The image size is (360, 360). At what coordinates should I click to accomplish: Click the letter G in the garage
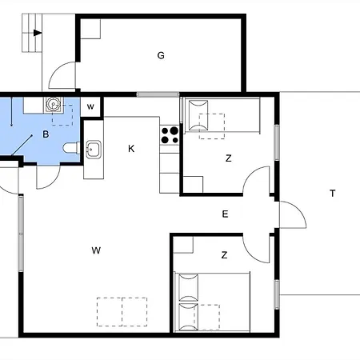click(x=161, y=55)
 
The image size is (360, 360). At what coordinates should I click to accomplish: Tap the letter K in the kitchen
click(x=131, y=149)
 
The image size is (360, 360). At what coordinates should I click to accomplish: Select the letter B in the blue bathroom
click(x=46, y=134)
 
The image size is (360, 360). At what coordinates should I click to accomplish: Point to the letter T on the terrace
click(x=332, y=194)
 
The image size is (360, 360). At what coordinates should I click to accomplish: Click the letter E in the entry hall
click(x=225, y=214)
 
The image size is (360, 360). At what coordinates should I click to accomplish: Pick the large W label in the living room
click(x=96, y=250)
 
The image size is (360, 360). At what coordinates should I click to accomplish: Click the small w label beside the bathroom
click(x=90, y=106)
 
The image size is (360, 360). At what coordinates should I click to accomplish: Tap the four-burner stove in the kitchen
click(x=170, y=135)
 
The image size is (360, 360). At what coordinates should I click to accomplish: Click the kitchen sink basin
click(x=94, y=150)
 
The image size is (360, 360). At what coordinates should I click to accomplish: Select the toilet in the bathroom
click(x=71, y=148)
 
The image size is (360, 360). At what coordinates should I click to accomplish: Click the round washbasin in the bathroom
click(x=54, y=104)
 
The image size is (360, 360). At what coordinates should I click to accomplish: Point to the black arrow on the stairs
click(x=38, y=33)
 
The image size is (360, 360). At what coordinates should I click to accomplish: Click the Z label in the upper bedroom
click(x=229, y=158)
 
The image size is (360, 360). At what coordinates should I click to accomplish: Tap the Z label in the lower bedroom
click(x=224, y=255)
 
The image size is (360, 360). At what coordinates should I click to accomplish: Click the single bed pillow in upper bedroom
click(x=198, y=115)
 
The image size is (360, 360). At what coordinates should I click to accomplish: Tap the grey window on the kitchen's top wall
click(x=158, y=94)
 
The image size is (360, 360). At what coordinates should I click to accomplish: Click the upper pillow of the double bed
click(x=188, y=288)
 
